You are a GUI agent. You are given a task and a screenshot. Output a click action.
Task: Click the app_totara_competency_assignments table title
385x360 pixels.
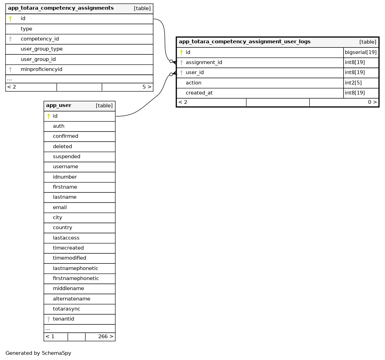(61, 8)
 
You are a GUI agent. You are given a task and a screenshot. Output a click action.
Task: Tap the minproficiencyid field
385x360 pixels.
(42, 70)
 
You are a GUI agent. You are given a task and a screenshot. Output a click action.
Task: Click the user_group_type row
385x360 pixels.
(42, 49)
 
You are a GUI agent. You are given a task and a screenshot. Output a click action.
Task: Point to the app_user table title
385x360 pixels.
(58, 106)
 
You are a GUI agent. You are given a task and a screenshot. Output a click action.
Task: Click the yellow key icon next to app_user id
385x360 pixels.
(48, 116)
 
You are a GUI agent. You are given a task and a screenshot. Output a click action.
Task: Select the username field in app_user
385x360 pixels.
(65, 167)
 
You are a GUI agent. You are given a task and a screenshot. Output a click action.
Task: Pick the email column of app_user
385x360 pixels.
(60, 208)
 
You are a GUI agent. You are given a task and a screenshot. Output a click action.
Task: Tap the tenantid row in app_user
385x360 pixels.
(63, 319)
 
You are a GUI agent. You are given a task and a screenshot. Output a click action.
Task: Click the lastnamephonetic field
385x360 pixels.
(75, 269)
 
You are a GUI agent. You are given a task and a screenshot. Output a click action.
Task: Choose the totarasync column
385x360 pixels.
(66, 309)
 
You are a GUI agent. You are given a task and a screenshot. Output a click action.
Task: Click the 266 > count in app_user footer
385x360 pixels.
(106, 337)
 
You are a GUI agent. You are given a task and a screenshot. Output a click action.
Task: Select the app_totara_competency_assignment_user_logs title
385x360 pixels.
(245, 42)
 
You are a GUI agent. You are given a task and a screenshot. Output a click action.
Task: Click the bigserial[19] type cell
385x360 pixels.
(361, 53)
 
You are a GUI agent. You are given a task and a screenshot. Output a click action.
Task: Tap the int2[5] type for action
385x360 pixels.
(353, 83)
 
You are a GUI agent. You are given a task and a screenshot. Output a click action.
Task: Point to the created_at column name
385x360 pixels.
(199, 93)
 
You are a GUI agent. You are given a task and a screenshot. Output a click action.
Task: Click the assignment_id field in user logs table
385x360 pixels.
(204, 63)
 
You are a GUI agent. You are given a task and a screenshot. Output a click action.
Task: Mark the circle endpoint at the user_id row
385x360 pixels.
(171, 74)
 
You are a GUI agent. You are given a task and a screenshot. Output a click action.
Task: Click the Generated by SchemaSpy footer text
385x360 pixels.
(38, 353)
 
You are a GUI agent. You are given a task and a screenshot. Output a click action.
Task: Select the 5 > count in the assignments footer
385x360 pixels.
(147, 87)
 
